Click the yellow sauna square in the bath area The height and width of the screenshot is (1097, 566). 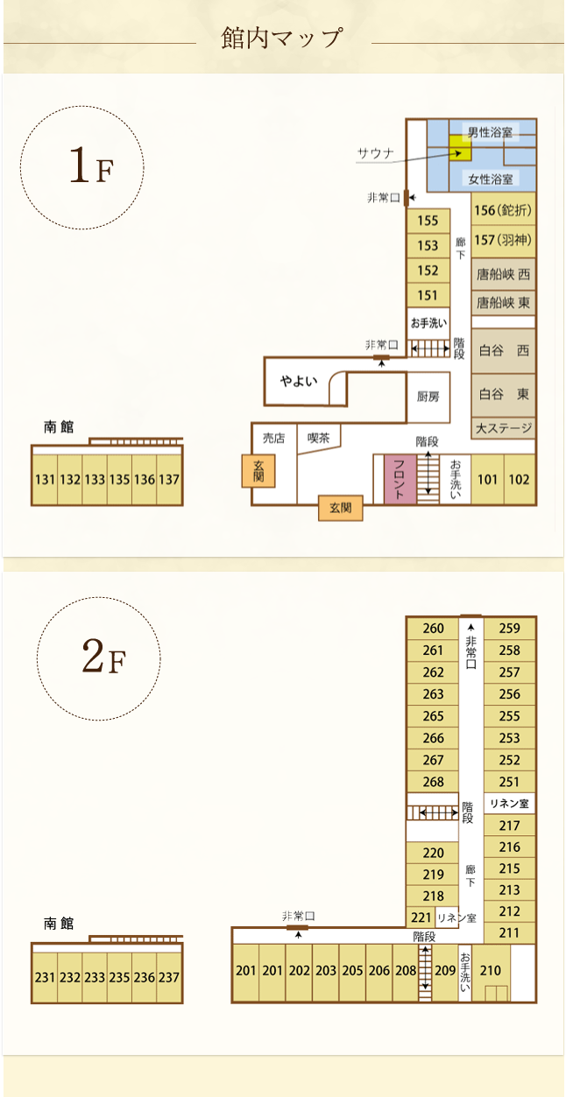pos(460,148)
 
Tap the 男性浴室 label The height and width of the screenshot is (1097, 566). pos(490,131)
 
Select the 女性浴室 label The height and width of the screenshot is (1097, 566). pos(491,179)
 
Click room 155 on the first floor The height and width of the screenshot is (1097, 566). pos(428,221)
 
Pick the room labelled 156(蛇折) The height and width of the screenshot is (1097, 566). pos(503,210)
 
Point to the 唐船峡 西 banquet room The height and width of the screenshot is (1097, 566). pos(503,274)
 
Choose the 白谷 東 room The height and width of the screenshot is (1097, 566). pos(503,395)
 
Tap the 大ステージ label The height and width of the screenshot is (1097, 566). pos(504,428)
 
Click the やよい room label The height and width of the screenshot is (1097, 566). pos(299,381)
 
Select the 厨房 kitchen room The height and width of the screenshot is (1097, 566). pos(428,397)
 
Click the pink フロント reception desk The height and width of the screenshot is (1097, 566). pos(400,480)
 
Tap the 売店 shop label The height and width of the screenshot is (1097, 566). pos(273,439)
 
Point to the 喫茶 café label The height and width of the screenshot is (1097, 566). pos(319,439)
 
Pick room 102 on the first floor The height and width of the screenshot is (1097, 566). pos(520,480)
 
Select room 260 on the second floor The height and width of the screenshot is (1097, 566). pos(433,629)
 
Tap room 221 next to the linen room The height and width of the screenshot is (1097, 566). pos(421,918)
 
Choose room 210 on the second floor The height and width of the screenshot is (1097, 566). pos(491,972)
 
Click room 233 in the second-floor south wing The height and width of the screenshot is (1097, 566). pos(95,978)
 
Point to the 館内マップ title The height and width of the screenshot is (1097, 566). pos(282,39)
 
